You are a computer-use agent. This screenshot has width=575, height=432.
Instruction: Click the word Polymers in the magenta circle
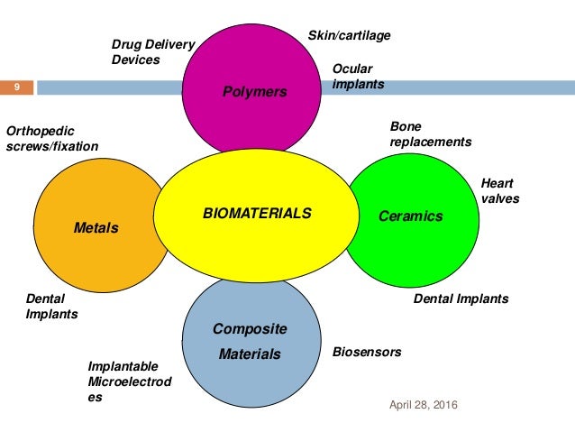[x=255, y=92]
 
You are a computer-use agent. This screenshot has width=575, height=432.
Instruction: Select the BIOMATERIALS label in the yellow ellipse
[x=257, y=214]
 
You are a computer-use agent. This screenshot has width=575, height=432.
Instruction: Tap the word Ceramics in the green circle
[x=411, y=216]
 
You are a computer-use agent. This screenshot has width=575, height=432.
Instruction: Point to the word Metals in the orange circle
[x=96, y=228]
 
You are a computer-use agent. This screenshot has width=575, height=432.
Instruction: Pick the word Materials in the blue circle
[x=250, y=354]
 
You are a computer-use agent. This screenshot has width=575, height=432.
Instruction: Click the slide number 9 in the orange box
[x=16, y=87]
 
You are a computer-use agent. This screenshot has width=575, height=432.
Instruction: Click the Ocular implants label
[x=358, y=77]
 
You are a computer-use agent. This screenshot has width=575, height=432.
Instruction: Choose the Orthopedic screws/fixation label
[x=52, y=137]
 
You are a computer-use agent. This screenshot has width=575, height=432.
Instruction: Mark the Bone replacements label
[x=430, y=134]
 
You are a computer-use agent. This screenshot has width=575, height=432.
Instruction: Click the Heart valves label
[x=500, y=190]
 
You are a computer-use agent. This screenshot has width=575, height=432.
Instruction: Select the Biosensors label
[x=367, y=352]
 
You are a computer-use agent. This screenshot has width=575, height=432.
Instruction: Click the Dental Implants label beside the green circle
[x=461, y=299]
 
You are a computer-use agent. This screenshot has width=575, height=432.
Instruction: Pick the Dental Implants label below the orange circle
[x=51, y=307]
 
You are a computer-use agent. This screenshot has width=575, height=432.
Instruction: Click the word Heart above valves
[x=497, y=182]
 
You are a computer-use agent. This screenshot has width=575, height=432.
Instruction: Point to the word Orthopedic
[x=41, y=130]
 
